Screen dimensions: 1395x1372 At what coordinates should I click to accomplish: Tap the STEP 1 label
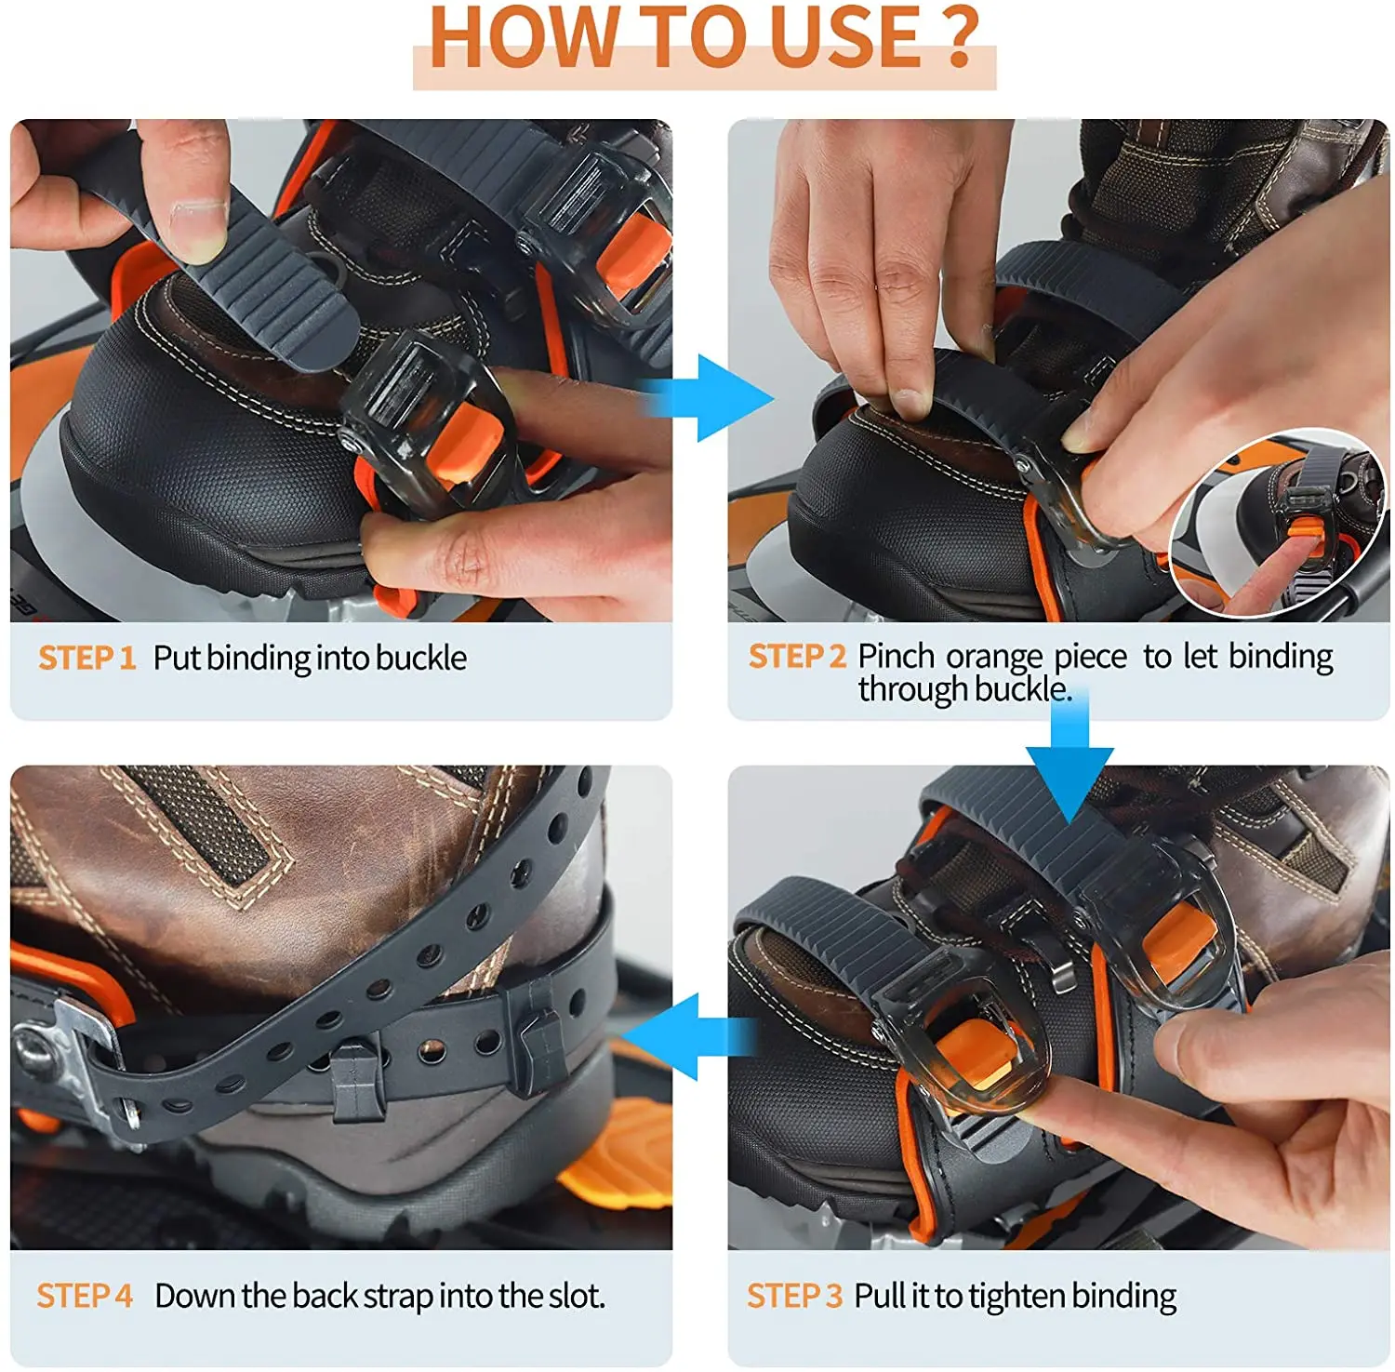pos(86,658)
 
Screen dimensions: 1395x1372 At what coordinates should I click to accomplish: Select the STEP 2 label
pos(797,656)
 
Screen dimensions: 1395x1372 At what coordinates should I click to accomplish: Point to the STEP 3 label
pos(794,1296)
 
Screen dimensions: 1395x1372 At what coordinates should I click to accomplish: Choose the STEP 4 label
pos(85,1296)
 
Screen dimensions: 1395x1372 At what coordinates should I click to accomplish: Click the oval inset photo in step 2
pos(1279,526)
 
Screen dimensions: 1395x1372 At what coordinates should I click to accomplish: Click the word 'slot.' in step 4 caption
pos(577,1296)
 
